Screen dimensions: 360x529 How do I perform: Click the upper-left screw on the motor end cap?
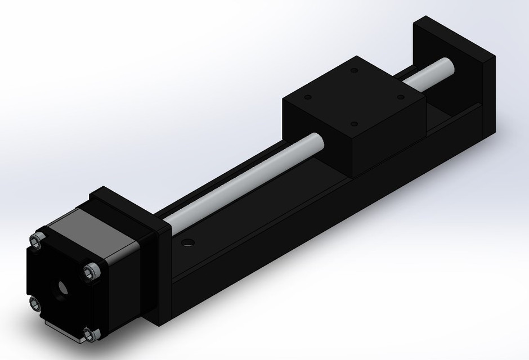[x=38, y=240]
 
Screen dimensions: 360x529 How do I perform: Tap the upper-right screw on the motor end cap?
[x=92, y=272]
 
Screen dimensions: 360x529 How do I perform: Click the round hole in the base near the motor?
[x=187, y=244]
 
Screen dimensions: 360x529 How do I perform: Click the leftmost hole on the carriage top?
[x=307, y=97]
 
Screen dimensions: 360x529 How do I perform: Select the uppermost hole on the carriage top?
[x=354, y=71]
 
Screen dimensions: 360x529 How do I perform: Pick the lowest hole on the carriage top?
[x=353, y=123]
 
